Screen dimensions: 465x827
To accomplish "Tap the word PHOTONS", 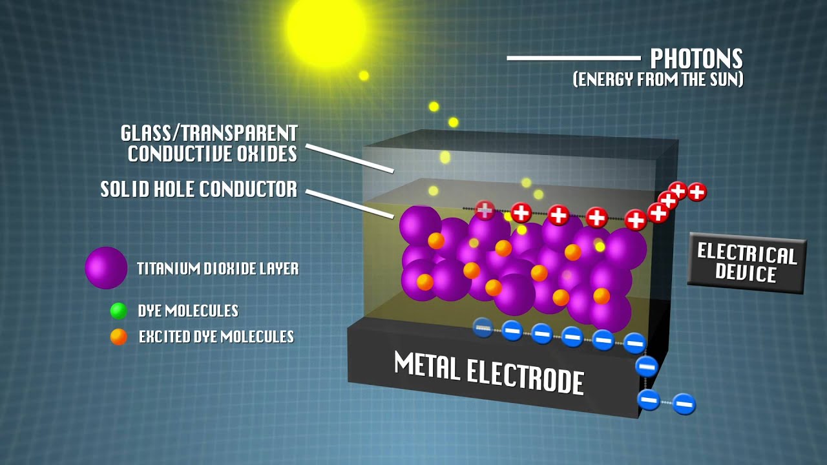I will click(x=696, y=59).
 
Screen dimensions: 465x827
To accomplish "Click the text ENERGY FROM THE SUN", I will click(x=658, y=80).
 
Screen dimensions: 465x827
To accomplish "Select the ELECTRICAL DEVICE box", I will click(x=746, y=263).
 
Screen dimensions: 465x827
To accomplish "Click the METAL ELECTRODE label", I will click(x=489, y=373).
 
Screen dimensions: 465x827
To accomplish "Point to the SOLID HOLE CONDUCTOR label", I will click(x=199, y=189).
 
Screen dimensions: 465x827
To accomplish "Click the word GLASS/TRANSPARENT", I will click(x=209, y=134).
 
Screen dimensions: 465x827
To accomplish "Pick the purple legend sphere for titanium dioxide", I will click(x=106, y=267).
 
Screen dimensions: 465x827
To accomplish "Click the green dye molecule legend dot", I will click(x=118, y=311).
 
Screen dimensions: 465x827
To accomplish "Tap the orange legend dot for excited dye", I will click(x=118, y=336).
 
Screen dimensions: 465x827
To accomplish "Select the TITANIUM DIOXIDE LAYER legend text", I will click(x=218, y=269).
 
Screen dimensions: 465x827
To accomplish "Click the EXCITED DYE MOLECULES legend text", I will click(x=216, y=336).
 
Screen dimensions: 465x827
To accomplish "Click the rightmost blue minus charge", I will click(x=684, y=404).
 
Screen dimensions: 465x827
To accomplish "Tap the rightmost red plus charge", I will click(x=696, y=191).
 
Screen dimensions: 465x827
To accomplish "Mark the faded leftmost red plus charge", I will click(x=485, y=209).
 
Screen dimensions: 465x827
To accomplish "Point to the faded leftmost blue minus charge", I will click(x=483, y=328).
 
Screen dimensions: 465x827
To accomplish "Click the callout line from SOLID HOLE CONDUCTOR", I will click(x=349, y=203).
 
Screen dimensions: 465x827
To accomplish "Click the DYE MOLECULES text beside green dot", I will click(x=188, y=311).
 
